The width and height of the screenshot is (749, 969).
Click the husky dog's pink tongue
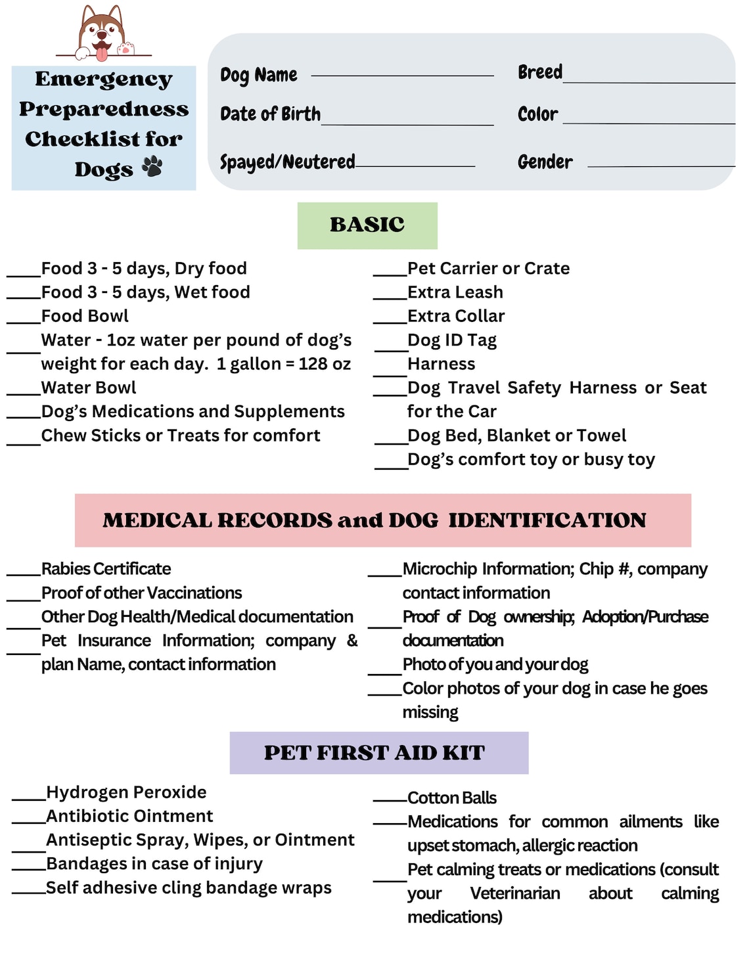101,52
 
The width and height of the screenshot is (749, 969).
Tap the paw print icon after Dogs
152,167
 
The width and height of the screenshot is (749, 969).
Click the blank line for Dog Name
402,75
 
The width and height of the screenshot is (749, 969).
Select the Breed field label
539,72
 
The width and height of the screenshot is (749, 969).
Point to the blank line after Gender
660,166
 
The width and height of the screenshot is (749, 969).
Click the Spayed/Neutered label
287,162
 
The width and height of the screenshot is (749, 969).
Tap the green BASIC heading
367,225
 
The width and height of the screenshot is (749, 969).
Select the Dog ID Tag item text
452,340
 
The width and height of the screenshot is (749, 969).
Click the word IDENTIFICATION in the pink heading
547,520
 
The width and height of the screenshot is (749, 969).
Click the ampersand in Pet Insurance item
352,641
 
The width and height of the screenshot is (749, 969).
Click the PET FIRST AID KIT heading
374,753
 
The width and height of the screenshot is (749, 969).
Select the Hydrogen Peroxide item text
126,792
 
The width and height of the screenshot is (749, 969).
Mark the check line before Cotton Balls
390,801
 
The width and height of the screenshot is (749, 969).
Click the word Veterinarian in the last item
515,893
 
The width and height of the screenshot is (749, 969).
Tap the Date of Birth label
270,114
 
